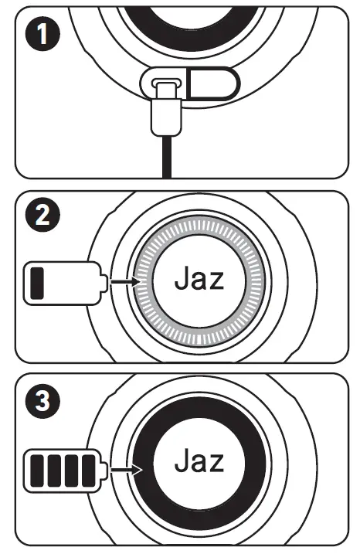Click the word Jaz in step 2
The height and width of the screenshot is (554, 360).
[x=199, y=279]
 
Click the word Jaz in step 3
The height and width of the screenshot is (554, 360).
[x=199, y=462]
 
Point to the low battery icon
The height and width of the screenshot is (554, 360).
[x=66, y=284]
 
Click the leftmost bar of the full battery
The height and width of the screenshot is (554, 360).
[x=38, y=467]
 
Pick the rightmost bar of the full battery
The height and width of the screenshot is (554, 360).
[x=89, y=467]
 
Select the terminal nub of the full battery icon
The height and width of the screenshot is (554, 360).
[x=105, y=467]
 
